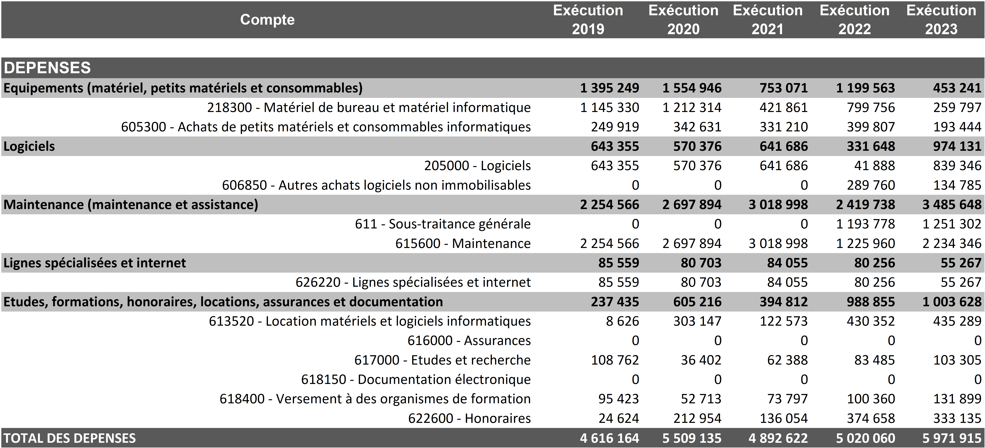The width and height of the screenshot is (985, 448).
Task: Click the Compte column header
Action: pos(267,20)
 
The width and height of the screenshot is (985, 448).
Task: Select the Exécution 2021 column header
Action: pos(767,20)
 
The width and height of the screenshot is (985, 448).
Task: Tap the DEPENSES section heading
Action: pos(47,68)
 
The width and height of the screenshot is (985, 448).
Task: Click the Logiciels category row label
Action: pos(29,146)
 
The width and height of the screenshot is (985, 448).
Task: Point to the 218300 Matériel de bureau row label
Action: pos(369,108)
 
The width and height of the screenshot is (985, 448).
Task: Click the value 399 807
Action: pos(871,127)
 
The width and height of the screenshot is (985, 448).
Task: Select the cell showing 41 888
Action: pos(875,166)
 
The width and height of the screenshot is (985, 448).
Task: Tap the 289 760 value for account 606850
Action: pos(871,185)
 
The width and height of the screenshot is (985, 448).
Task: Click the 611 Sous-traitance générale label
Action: pos(442,224)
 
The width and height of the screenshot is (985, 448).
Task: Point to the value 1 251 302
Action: pos(952,224)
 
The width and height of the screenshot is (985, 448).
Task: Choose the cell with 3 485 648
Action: pos(952,205)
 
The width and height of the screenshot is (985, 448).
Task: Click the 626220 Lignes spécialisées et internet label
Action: pos(413,282)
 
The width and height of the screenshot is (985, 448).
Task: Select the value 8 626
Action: pos(622,321)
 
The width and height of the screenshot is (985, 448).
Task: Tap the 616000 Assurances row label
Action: pos(469,340)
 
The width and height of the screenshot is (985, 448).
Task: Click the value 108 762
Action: pos(615,360)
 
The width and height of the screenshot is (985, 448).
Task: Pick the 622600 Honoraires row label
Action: pos(469,418)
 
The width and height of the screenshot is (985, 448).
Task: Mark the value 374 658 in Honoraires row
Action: pos(871,418)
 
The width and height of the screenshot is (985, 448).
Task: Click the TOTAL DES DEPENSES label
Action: pos(70,438)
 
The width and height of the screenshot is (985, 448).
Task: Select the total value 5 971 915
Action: pos(952,438)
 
